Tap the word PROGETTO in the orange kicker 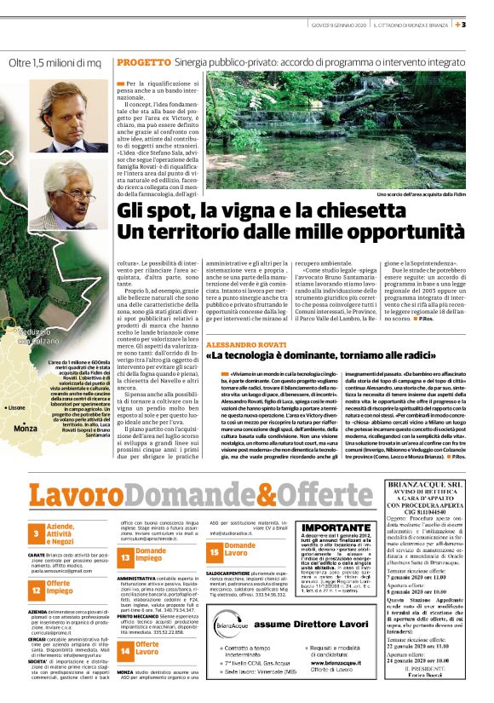[143, 63]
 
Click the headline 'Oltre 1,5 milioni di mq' [55, 63]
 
